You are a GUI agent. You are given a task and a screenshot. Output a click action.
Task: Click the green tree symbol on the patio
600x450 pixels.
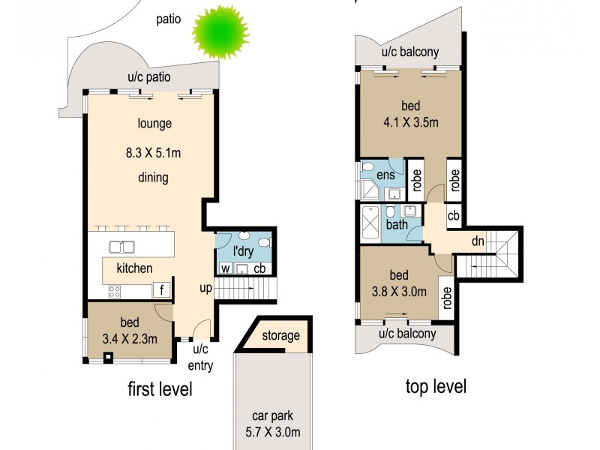(x=219, y=32)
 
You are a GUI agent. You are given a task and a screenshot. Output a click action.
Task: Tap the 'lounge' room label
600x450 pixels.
(x=154, y=124)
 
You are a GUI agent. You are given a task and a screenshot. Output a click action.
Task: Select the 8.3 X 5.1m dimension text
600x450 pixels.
(x=154, y=153)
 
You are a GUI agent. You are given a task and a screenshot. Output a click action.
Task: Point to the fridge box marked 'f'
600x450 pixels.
(x=161, y=289)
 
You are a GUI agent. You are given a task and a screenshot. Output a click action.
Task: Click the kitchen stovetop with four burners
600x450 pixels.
(x=115, y=291)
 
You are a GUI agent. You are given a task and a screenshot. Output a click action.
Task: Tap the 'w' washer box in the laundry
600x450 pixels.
(x=225, y=269)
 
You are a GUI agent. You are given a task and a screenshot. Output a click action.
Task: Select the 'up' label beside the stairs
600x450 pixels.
(x=206, y=288)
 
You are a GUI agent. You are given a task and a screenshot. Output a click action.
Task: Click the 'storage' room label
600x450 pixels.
(x=280, y=335)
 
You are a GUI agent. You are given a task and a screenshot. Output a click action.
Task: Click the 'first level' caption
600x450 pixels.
(x=159, y=389)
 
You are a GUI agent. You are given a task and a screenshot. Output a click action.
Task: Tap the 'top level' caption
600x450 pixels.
(x=436, y=386)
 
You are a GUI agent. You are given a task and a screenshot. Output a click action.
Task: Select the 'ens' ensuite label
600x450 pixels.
(x=385, y=175)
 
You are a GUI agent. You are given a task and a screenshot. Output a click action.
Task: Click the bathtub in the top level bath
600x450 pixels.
(x=370, y=223)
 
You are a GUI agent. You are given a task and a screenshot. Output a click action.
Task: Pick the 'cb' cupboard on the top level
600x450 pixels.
(x=453, y=215)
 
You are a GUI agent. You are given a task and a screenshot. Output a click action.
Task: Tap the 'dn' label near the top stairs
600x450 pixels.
(x=478, y=241)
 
